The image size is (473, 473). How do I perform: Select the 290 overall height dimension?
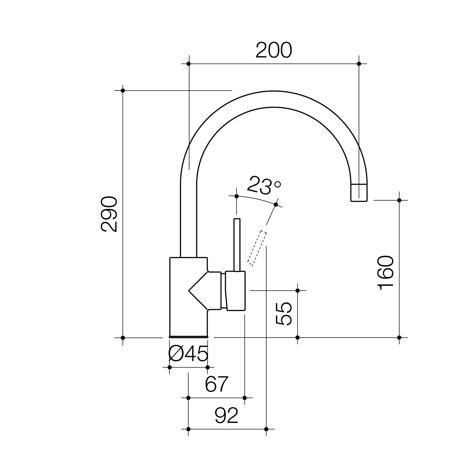point(109,214)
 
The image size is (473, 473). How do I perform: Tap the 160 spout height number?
point(386,273)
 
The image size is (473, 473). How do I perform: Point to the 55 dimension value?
point(284,314)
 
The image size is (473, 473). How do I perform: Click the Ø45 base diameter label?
point(188,354)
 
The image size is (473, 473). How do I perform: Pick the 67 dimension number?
point(217,384)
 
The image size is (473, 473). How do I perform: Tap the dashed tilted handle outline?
point(257,248)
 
